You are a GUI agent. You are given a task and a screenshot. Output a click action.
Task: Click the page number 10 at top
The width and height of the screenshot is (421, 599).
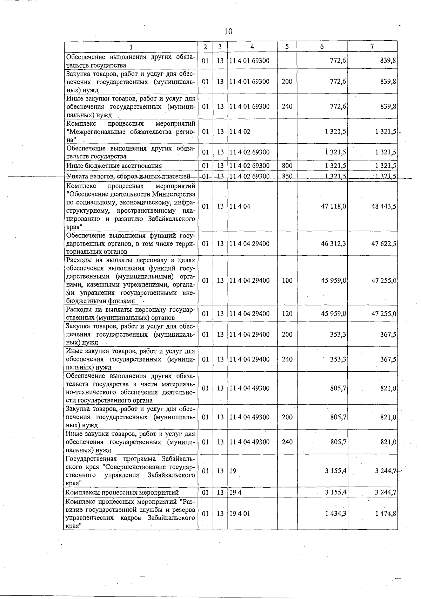(x=228, y=32)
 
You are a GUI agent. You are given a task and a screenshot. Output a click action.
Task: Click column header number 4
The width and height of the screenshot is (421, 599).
(x=252, y=47)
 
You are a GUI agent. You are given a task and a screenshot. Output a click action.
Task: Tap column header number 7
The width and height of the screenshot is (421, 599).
(x=372, y=47)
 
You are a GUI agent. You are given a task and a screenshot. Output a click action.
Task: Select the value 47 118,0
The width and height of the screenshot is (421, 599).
(x=334, y=206)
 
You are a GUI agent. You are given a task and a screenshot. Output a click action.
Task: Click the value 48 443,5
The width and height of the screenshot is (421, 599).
(x=384, y=206)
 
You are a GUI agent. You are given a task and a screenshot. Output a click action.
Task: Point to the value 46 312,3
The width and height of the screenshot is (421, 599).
(x=334, y=243)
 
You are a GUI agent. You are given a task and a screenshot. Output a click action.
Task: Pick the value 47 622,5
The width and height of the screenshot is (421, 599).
(x=384, y=243)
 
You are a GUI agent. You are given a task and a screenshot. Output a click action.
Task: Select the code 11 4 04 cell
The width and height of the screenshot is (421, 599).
(x=240, y=206)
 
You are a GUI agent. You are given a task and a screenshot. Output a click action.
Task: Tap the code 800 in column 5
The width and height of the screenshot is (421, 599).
(x=287, y=166)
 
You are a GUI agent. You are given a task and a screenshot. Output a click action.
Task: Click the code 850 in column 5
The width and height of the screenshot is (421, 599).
(x=287, y=176)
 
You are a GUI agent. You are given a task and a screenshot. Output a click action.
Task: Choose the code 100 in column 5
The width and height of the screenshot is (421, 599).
(x=287, y=280)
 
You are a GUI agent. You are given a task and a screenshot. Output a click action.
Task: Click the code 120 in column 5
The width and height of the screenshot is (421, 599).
(x=287, y=314)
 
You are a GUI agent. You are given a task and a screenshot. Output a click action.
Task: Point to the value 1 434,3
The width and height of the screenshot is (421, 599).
(x=336, y=514)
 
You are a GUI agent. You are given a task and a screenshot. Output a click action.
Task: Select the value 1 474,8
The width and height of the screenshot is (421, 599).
(x=386, y=514)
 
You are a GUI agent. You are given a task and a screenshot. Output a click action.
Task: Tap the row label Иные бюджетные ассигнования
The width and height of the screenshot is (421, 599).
(x=114, y=166)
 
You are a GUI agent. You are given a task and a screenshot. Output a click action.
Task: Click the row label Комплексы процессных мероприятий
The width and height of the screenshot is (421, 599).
(x=122, y=493)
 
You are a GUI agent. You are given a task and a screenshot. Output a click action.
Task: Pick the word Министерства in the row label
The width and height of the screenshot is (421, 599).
(x=174, y=194)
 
